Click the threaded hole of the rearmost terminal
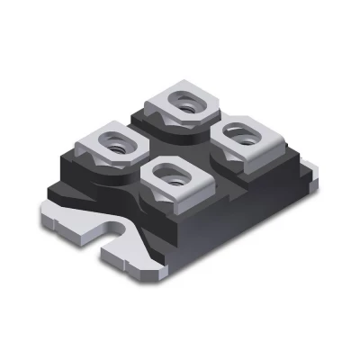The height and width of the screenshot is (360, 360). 188,103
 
